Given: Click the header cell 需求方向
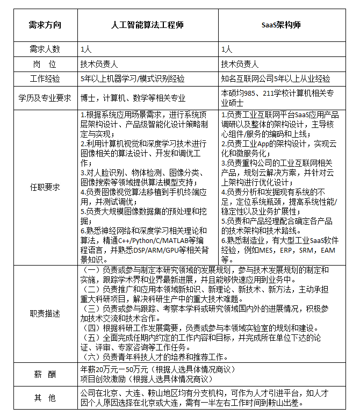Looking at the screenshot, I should [x=45, y=25].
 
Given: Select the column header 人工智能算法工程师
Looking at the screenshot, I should [x=148, y=25].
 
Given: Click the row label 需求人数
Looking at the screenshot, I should [x=45, y=49].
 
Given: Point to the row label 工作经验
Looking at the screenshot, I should [x=45, y=78].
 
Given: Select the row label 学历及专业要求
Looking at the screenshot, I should [x=45, y=98].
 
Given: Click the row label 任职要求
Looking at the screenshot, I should [x=45, y=187].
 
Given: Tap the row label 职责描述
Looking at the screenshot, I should [x=45, y=313].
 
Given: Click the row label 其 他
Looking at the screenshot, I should [x=45, y=398].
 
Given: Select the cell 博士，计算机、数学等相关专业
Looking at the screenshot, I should [x=133, y=98].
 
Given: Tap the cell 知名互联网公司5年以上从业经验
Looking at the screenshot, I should [x=276, y=78].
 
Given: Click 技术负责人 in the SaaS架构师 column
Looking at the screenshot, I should [x=240, y=64].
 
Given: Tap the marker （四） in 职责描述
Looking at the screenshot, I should [x=93, y=327].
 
